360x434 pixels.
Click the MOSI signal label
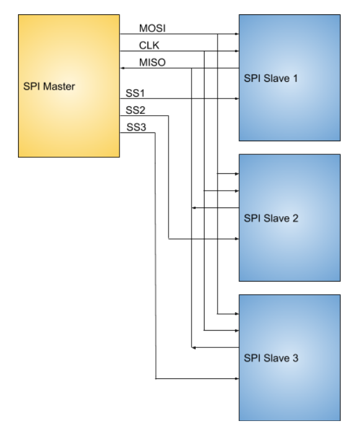click(152, 28)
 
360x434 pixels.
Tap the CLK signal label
click(149, 45)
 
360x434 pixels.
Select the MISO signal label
click(152, 63)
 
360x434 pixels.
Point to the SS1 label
click(135, 93)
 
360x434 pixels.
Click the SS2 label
click(136, 110)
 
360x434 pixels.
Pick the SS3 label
click(136, 128)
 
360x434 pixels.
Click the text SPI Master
click(49, 86)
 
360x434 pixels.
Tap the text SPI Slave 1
click(271, 79)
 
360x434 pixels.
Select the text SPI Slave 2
click(271, 219)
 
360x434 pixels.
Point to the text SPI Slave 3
click(271, 358)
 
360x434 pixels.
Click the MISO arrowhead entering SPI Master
click(122, 68)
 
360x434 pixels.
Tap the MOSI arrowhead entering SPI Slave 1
click(237, 34)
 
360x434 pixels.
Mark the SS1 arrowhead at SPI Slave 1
click(237, 98)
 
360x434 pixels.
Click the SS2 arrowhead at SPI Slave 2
click(237, 238)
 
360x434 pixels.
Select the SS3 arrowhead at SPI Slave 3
click(237, 378)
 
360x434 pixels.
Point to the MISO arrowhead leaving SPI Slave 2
click(194, 207)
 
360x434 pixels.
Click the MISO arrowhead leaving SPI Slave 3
click(194, 348)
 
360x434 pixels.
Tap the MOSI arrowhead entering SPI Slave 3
click(237, 314)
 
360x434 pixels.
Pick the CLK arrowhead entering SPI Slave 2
click(237, 191)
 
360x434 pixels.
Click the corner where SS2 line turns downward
click(169, 116)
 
